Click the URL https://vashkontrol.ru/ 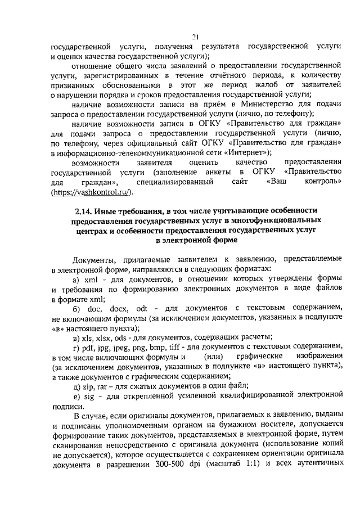click(92, 193)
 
